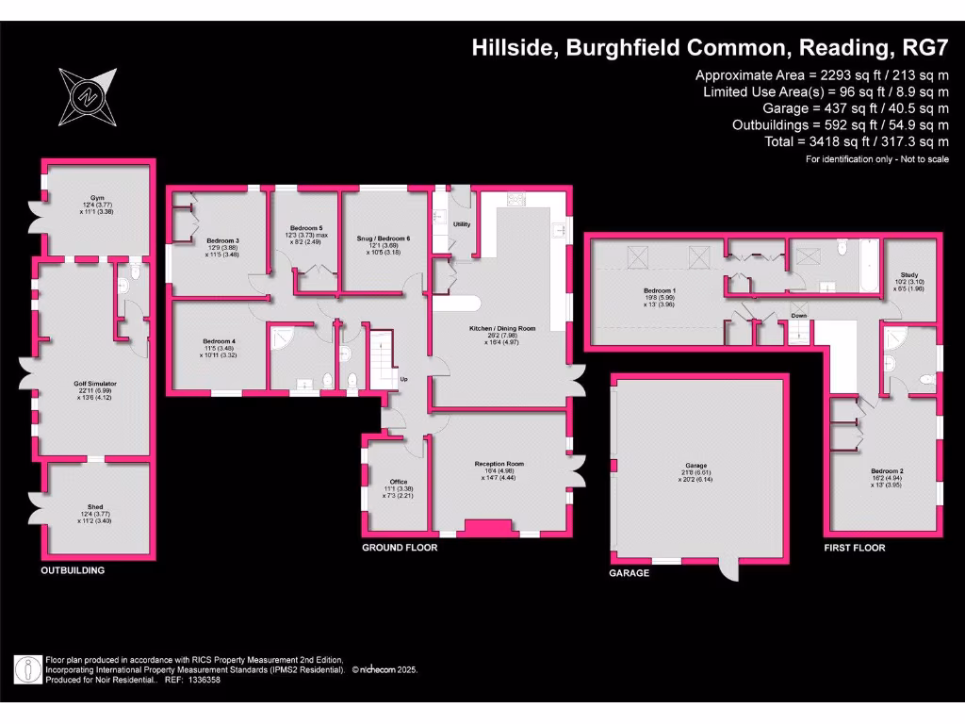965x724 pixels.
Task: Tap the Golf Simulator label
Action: [93, 384]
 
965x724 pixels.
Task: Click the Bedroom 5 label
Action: [306, 229]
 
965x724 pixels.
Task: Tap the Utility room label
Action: [462, 224]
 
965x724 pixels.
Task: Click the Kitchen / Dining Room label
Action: [502, 328]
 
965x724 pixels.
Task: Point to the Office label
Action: [399, 482]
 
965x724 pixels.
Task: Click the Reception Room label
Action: [499, 464]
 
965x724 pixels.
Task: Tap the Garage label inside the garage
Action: [696, 465]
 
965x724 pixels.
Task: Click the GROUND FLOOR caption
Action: [401, 547]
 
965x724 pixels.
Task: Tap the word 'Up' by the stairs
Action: [404, 380]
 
